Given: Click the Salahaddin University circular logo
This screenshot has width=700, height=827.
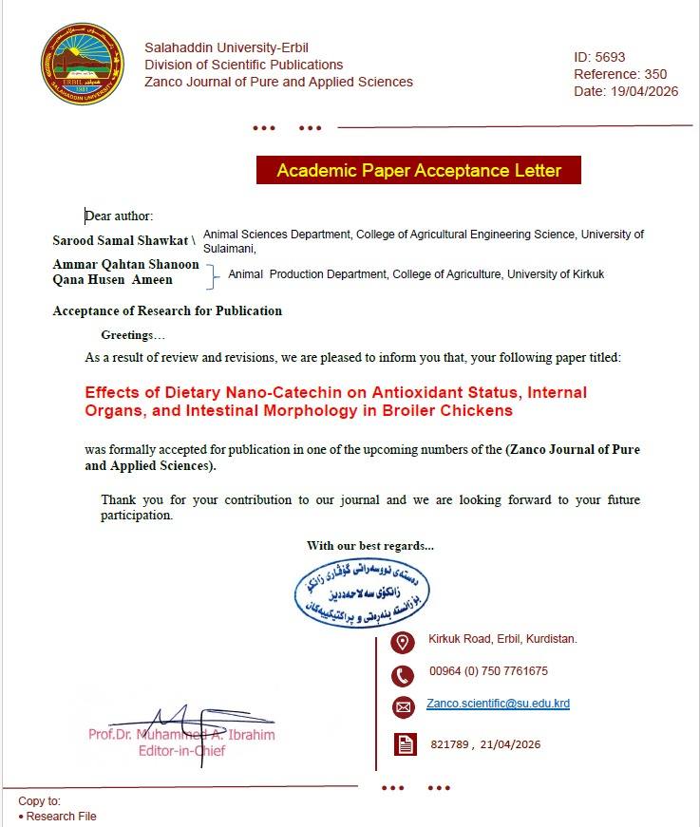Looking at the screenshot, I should click(83, 65).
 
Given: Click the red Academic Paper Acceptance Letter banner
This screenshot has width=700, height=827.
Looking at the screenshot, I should click(419, 171).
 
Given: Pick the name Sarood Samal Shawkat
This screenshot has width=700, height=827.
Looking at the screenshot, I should click(121, 240).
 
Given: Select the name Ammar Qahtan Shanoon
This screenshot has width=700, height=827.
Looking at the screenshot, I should click(126, 265).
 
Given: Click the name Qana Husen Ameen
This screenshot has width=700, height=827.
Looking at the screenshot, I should click(113, 279).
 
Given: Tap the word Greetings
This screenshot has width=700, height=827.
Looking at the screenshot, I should click(133, 335).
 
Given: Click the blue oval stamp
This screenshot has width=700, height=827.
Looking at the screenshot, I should click(360, 592).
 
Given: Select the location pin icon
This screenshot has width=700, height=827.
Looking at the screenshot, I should click(404, 642).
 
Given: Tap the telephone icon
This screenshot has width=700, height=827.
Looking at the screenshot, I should click(404, 676).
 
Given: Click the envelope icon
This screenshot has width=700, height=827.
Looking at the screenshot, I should click(404, 706).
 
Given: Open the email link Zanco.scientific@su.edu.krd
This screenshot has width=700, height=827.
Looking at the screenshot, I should click(498, 704).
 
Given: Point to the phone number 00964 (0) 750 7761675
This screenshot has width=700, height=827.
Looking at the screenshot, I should click(488, 671).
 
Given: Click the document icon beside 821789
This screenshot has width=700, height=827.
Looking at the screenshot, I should click(406, 745).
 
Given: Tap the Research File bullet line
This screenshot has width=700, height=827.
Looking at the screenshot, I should click(60, 817).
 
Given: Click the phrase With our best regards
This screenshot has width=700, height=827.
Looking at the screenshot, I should click(369, 546).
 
